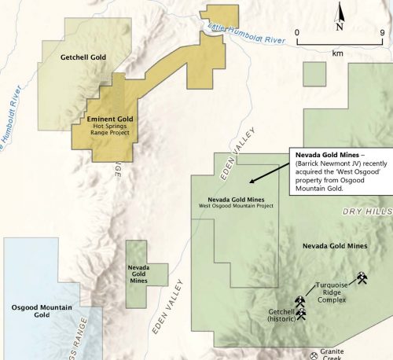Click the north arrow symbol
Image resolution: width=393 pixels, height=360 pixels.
[339, 14]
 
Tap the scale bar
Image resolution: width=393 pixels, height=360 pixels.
[339, 42]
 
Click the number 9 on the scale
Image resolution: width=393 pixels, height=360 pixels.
[381, 32]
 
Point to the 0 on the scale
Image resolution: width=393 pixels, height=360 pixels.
[297, 32]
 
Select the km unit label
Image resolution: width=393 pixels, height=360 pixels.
[339, 53]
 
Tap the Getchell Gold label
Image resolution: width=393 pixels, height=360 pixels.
[83, 57]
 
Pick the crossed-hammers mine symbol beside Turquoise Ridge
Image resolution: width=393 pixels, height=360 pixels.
[362, 278]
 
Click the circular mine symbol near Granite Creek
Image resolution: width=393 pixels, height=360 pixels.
[316, 352]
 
